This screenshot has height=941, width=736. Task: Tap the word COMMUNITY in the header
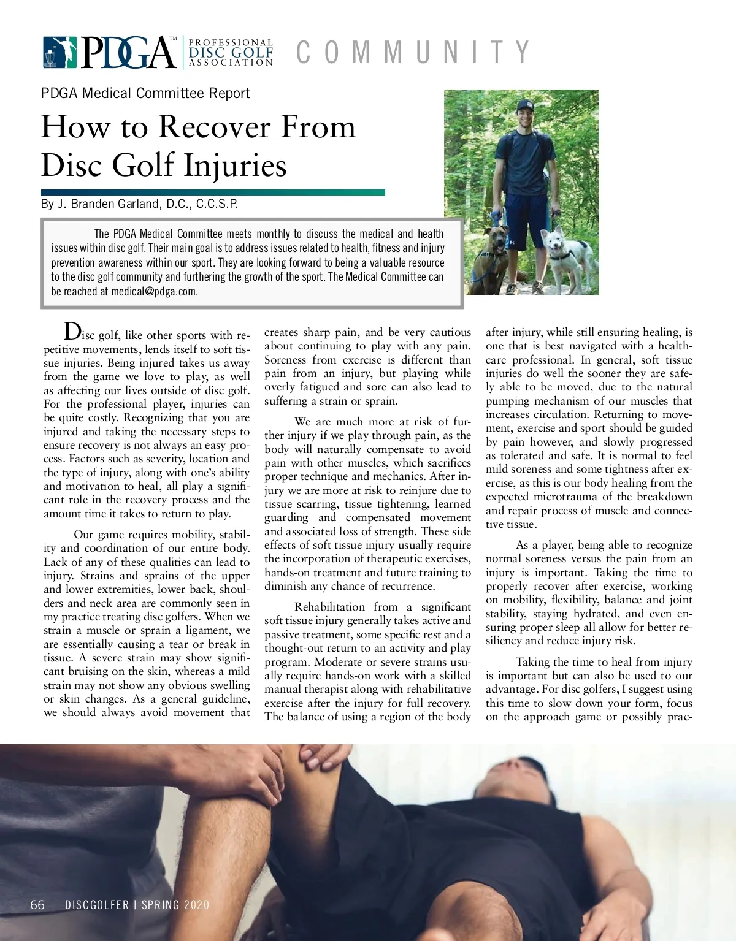(412, 52)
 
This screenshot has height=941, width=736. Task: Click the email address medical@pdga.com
(154, 292)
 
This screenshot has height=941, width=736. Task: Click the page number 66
(37, 905)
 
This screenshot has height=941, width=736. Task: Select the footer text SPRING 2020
(175, 905)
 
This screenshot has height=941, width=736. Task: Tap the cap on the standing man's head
(525, 105)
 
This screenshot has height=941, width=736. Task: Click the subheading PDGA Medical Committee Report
(145, 94)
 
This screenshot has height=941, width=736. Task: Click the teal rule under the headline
(213, 192)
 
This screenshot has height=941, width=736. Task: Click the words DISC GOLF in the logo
(231, 53)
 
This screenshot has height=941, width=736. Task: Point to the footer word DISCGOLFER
(97, 905)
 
